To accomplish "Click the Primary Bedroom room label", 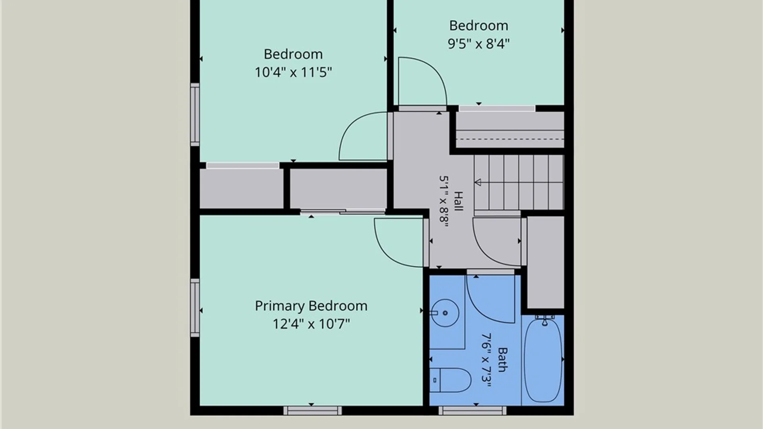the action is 311,306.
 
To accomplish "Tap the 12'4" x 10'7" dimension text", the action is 311,324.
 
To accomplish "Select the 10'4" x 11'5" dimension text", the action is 293,72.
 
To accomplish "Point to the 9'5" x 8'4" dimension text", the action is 478,44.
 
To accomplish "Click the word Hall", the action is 459,201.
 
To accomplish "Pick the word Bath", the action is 502,360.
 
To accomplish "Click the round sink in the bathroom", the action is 445,313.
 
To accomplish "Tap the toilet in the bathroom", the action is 450,380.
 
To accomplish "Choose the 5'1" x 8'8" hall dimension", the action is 444,201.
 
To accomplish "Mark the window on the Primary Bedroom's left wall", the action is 195,308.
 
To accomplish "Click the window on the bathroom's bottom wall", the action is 473,411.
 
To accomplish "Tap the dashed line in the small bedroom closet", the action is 510,139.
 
